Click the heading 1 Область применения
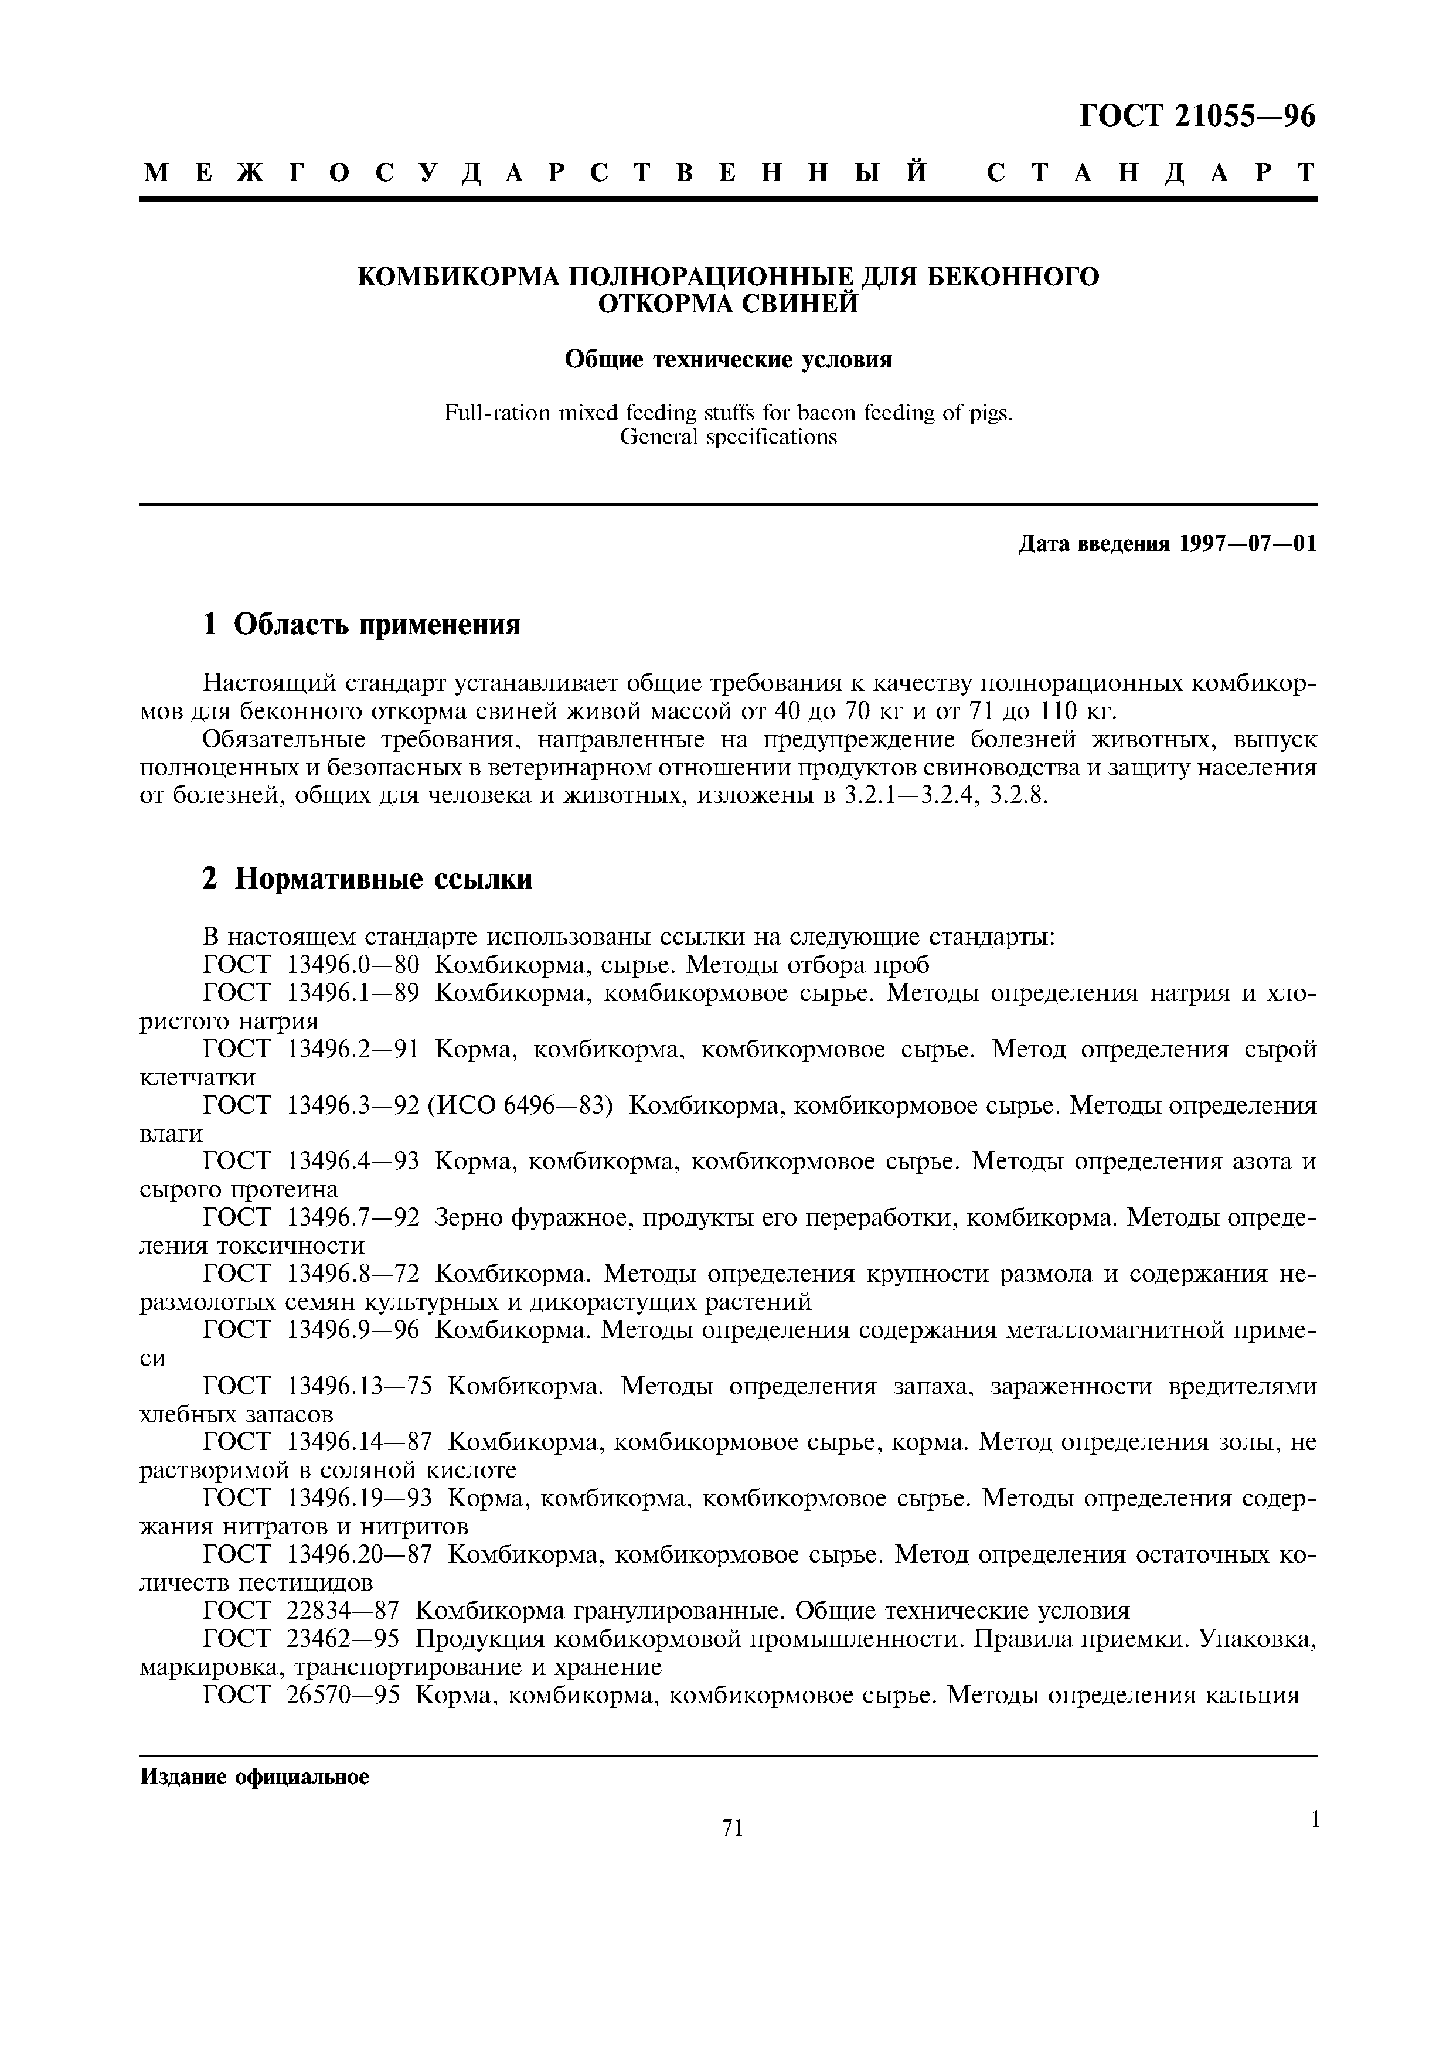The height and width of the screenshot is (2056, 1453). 362,624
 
